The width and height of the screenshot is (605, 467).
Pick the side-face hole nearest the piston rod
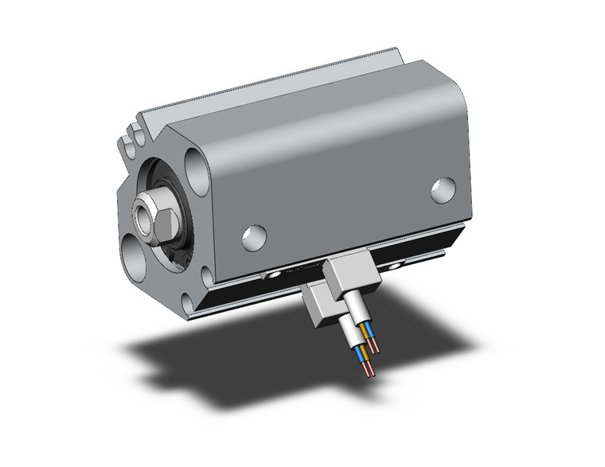[254, 236]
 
